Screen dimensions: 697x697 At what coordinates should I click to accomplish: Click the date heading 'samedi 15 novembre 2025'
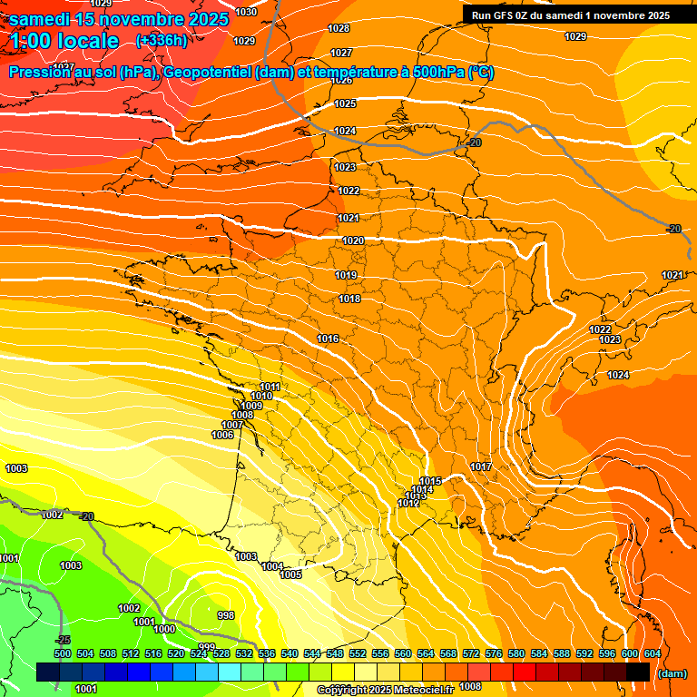[x=118, y=18]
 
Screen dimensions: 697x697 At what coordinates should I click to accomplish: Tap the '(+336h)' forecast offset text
[x=162, y=40]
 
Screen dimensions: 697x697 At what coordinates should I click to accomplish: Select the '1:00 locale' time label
[x=65, y=41]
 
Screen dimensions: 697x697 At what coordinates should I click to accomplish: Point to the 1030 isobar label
[x=245, y=12]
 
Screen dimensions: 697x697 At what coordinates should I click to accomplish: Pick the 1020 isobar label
[x=353, y=241]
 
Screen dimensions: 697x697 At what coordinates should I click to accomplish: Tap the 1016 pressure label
[x=328, y=339]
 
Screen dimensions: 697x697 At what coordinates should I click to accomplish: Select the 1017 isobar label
[x=481, y=466]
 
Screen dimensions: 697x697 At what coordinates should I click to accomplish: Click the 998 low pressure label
[x=226, y=615]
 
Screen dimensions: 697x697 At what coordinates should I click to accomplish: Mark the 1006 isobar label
[x=222, y=435]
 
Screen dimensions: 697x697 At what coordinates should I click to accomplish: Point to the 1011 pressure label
[x=270, y=388]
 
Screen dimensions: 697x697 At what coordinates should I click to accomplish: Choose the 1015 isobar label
[x=430, y=481]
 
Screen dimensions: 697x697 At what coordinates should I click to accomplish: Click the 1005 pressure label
[x=290, y=574]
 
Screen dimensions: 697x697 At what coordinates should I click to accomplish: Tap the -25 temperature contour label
[x=63, y=641]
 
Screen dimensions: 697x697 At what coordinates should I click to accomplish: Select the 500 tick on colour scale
[x=63, y=653]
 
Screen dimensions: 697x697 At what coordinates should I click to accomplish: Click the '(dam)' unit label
[x=671, y=673]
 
